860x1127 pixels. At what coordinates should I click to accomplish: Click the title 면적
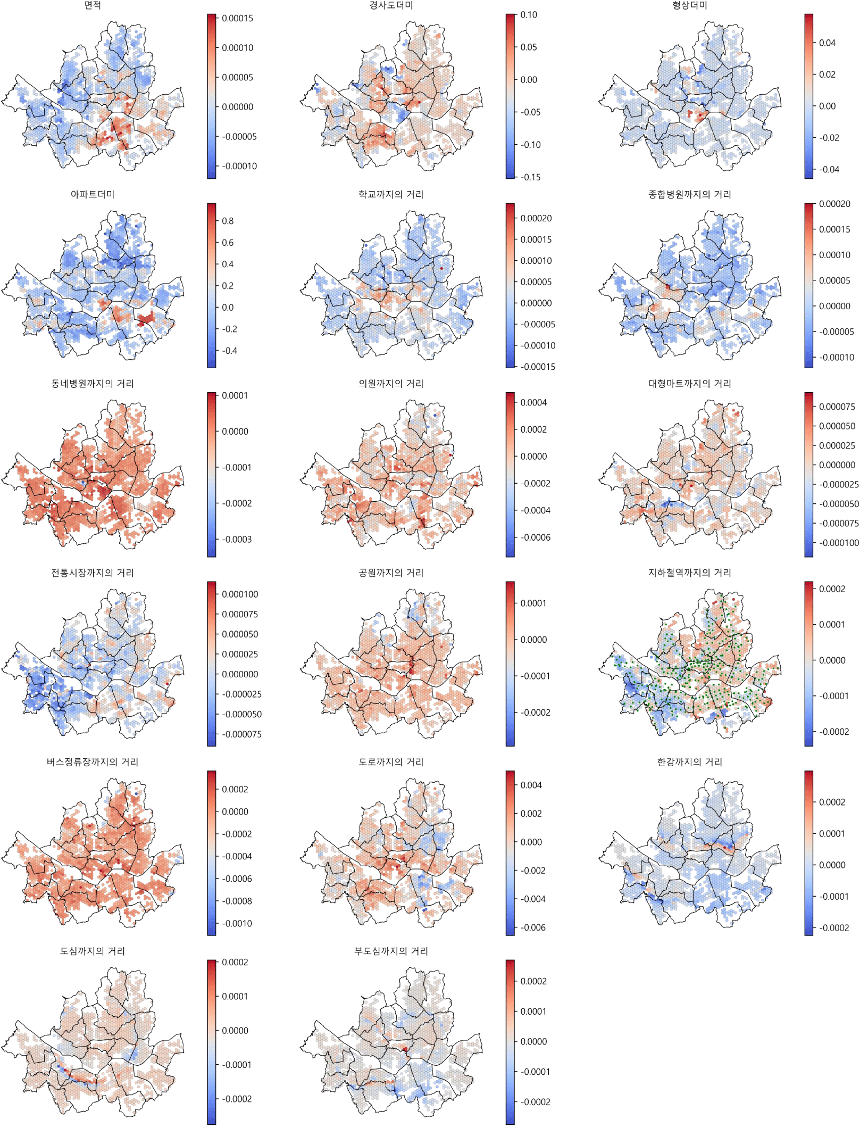coord(93,5)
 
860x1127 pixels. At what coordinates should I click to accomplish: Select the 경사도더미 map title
coord(391,5)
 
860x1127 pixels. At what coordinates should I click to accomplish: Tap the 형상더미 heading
coord(689,5)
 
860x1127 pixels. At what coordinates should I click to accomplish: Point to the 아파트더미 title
coord(93,194)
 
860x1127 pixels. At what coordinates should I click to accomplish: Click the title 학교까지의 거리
coord(391,194)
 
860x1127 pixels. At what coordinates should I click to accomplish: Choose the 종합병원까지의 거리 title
coord(689,194)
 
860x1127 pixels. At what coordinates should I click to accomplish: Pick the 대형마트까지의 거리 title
coord(689,384)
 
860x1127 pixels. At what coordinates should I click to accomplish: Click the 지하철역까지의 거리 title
coord(689,573)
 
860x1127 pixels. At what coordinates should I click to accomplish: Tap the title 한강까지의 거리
coord(689,762)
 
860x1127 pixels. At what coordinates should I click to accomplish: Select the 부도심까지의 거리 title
coord(391,951)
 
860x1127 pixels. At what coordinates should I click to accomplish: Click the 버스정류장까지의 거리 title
coord(93,762)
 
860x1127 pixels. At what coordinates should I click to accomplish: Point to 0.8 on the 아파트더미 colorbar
coord(228,221)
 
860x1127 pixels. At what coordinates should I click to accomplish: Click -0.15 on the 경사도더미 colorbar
coord(530,177)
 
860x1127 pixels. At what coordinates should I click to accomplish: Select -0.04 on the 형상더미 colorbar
coord(829,169)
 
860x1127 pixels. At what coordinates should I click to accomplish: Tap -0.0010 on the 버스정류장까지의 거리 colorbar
coord(237,924)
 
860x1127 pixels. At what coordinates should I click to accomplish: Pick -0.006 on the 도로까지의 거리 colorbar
coord(533,927)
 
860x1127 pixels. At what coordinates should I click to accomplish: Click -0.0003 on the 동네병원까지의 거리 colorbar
coord(237,539)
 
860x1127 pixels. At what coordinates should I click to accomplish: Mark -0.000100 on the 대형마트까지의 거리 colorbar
coord(839,543)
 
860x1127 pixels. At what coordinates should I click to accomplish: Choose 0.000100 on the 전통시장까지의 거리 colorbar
coord(240,594)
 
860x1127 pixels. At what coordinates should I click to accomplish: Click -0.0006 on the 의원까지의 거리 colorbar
coord(535,537)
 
